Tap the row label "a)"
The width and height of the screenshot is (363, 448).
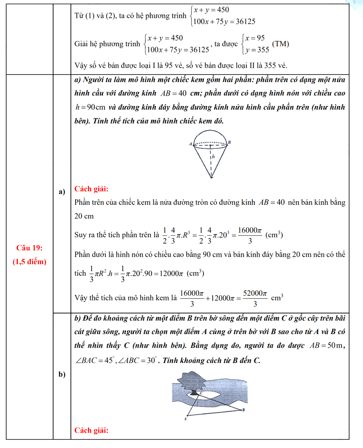61,192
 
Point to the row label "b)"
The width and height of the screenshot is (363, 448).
61,374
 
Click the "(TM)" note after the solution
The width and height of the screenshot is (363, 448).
280,44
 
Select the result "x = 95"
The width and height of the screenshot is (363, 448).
255,38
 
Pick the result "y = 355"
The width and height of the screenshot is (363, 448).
256,50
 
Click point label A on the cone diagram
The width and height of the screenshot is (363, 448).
191,145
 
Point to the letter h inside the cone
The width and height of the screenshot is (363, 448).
213,158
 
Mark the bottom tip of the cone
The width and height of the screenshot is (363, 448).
212,177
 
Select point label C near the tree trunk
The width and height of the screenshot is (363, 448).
201,394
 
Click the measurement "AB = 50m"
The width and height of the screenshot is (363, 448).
324,347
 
